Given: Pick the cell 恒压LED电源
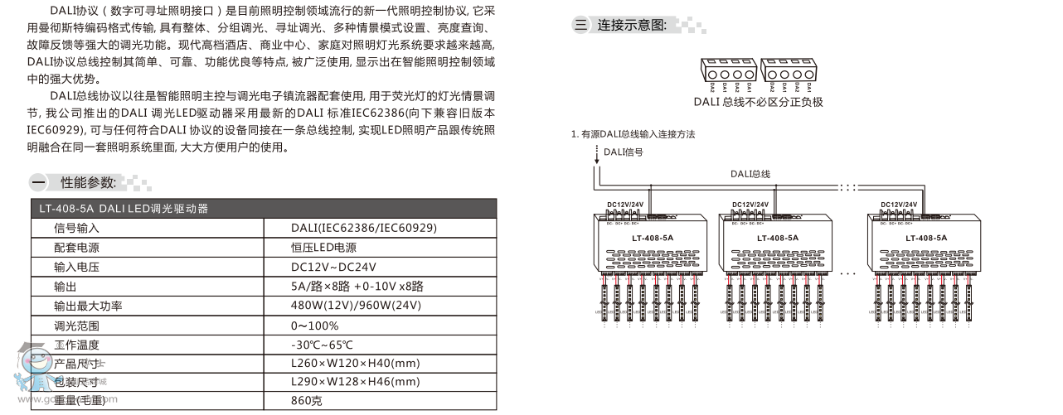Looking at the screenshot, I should coord(323,247).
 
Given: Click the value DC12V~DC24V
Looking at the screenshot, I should coord(333,267).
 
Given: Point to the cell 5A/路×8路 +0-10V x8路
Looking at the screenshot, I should coord(357,287).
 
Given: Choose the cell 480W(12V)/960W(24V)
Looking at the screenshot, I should coord(356,306).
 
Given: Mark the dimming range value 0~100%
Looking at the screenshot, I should coord(314,326).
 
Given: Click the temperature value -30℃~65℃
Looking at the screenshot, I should coord(322,345).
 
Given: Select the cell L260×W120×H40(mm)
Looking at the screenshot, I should coord(356,364).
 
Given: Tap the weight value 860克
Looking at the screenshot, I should coord(307,401).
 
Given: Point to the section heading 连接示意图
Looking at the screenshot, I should coord(632,25).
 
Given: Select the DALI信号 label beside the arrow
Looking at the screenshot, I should coord(623,152).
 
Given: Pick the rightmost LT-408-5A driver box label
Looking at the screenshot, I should coord(926,238).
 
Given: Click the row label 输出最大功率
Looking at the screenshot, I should coord(88,306).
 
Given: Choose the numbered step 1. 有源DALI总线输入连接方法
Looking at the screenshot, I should coord(633,134).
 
